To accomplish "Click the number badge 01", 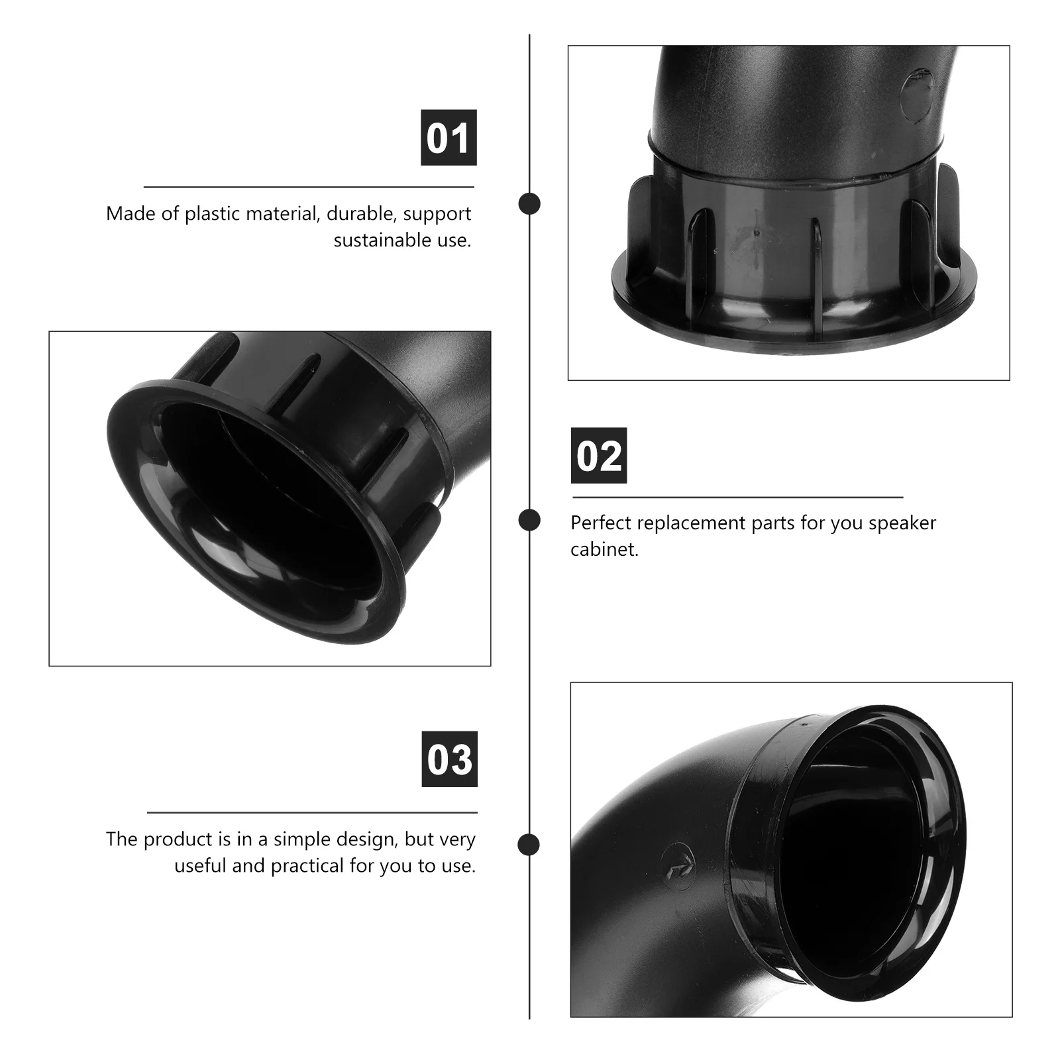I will coord(449,138).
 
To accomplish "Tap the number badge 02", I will coord(599,456).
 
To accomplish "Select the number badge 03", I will coord(449,759).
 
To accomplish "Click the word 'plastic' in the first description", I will coord(213,214).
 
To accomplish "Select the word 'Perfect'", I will coord(602,523).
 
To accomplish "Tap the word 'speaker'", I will coord(902,523).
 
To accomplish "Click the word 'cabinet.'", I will coord(604,550).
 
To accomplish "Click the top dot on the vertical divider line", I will coord(529,204).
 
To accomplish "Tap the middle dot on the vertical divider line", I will coord(529,520).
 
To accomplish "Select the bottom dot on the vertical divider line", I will coord(529,845).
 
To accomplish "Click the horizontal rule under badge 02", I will coord(737,497).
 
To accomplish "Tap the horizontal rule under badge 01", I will coord(309,187).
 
